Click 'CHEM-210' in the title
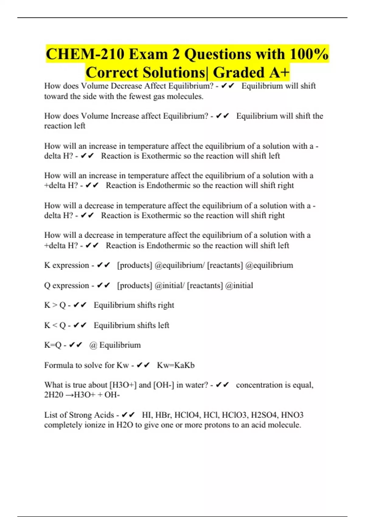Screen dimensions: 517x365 click(x=85, y=54)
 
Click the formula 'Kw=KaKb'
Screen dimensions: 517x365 click(x=176, y=365)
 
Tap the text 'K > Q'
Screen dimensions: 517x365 click(x=55, y=305)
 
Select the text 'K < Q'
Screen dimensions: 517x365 click(x=55, y=325)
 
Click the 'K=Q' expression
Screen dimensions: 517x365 click(x=53, y=345)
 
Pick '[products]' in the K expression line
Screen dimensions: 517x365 click(x=134, y=265)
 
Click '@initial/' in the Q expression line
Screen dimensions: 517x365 click(x=169, y=285)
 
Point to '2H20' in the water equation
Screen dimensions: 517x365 click(x=54, y=395)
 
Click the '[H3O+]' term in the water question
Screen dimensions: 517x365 click(x=123, y=385)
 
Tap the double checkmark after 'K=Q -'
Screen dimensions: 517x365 click(x=76, y=345)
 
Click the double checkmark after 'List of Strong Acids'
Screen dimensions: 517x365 click(x=128, y=415)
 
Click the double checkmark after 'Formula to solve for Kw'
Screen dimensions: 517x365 click(x=143, y=365)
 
